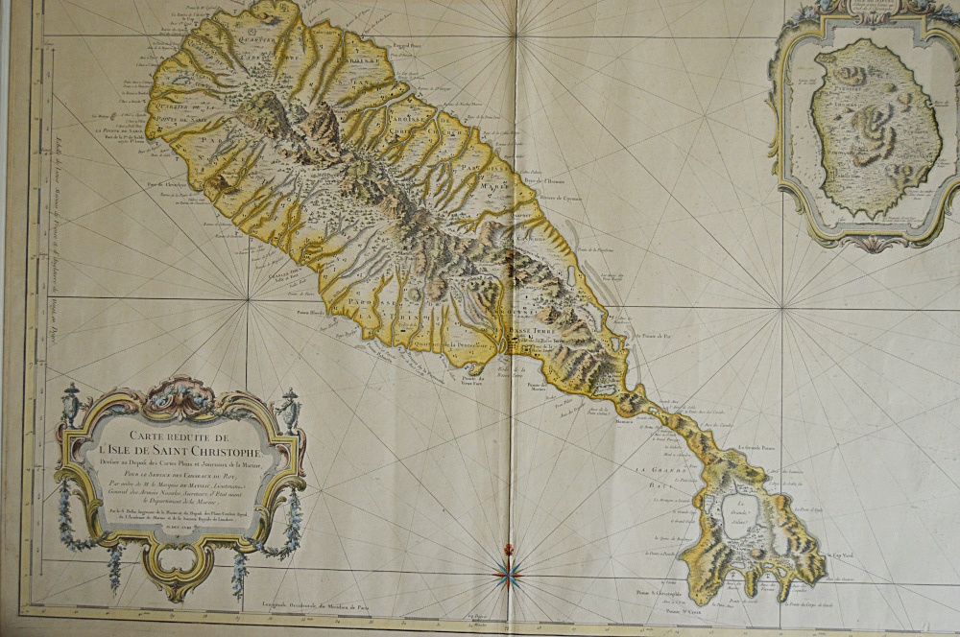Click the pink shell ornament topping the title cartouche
pyautogui.click(x=181, y=391)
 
